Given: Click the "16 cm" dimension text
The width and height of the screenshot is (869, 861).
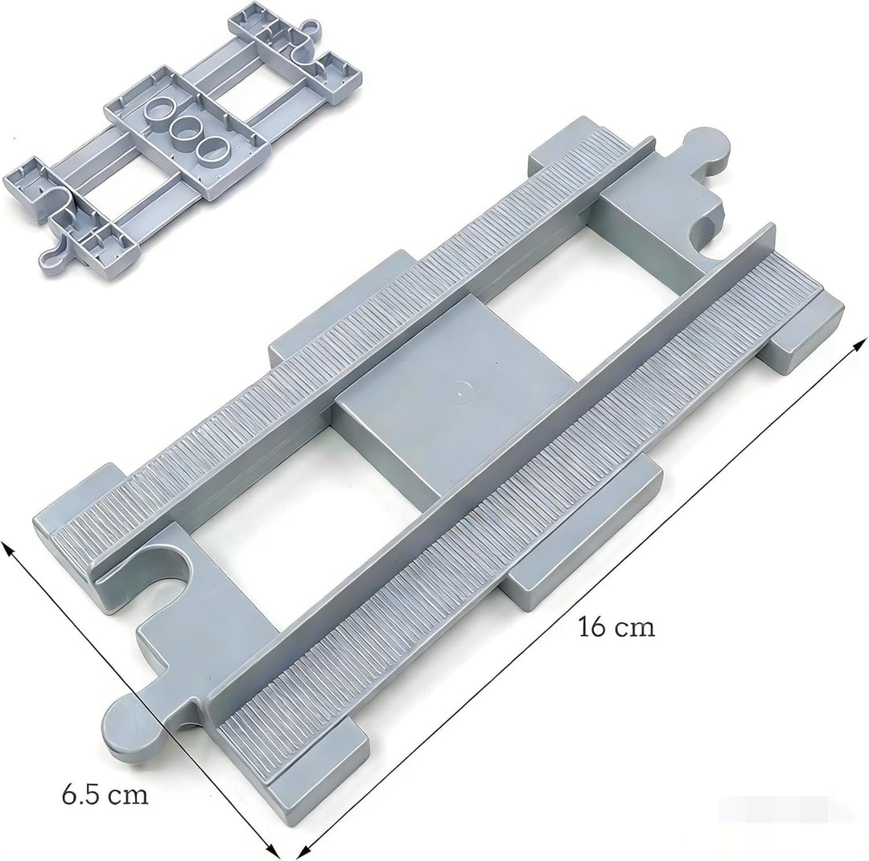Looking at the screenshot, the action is coord(616,628).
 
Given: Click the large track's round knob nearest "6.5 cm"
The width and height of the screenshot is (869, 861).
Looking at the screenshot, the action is coord(131,725).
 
